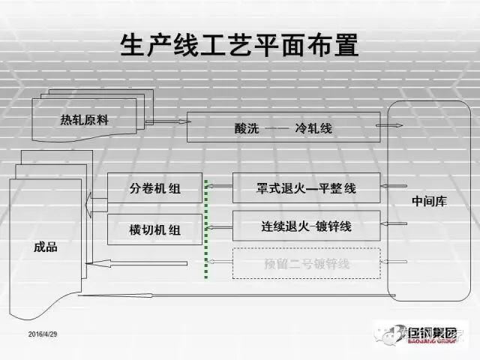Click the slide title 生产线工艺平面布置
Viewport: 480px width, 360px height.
(239, 46)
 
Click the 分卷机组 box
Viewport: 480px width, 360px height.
(154, 188)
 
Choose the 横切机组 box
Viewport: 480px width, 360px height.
(154, 229)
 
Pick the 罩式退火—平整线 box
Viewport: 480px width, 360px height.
(305, 187)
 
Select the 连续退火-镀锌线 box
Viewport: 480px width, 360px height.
(305, 226)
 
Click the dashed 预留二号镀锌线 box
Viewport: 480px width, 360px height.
(305, 262)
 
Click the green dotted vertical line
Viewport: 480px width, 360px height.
(206, 225)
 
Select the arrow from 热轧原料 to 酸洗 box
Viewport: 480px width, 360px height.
(165, 121)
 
